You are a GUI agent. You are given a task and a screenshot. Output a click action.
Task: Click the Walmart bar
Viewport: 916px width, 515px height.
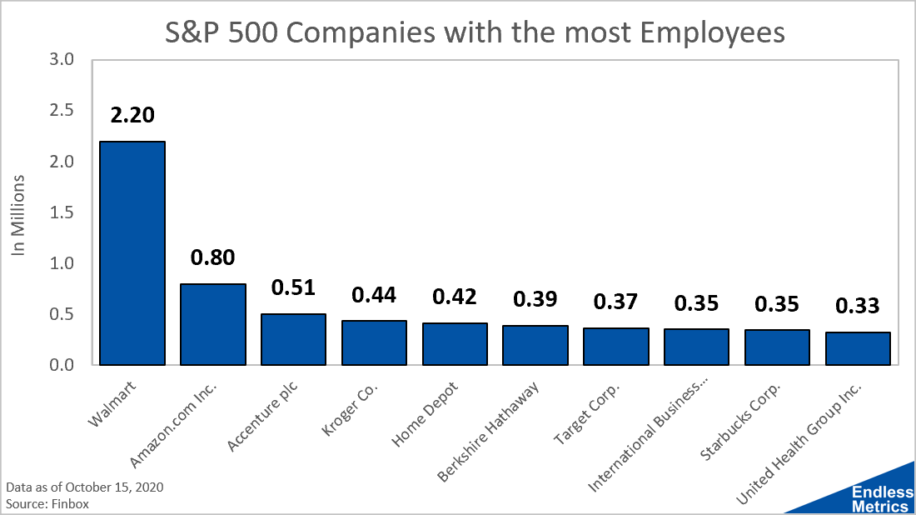(132, 253)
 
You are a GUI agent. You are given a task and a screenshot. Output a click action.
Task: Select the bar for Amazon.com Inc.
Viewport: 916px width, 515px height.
(213, 324)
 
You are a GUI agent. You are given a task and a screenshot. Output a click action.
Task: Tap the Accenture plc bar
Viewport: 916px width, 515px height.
(294, 339)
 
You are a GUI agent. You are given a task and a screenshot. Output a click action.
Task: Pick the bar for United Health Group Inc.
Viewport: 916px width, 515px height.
(859, 348)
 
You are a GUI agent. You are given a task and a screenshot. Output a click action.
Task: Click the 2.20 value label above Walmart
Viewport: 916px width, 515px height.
(132, 115)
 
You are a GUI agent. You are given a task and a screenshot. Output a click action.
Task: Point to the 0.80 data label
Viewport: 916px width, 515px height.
(213, 257)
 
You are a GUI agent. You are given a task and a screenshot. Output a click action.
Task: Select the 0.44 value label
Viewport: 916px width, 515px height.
(374, 294)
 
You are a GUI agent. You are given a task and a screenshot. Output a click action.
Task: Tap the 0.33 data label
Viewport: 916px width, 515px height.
(859, 306)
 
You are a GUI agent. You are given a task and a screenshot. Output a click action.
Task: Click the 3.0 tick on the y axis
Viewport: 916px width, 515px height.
(62, 60)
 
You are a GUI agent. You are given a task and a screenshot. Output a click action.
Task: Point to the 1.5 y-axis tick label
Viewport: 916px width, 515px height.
(62, 212)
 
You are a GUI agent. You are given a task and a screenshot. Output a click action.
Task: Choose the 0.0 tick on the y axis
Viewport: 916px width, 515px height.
(62, 365)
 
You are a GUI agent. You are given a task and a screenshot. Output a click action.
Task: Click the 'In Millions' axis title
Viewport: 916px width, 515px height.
(19, 214)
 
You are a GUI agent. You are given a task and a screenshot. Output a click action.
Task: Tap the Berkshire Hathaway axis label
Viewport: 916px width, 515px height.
(488, 431)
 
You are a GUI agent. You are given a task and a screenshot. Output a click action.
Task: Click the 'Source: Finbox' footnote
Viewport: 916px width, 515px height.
(47, 503)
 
